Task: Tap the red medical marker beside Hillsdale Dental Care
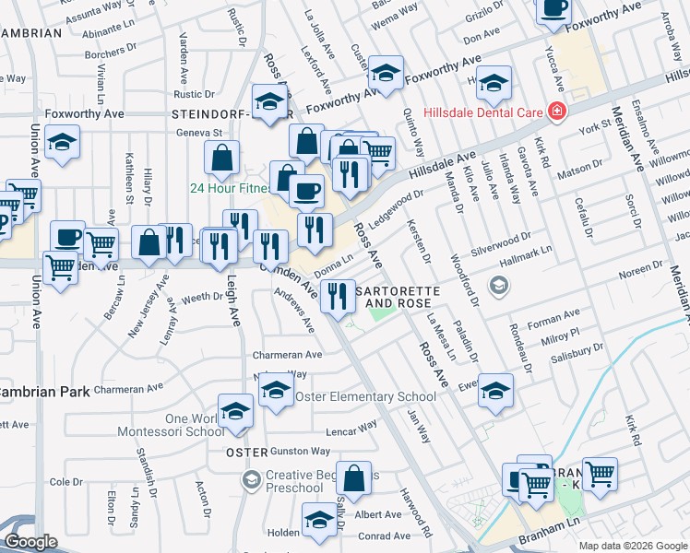coord(557,112)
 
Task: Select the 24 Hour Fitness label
coord(229,188)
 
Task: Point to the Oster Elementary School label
coord(364,397)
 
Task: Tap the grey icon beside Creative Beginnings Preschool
coord(250,479)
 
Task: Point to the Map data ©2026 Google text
coord(632,546)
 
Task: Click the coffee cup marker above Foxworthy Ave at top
coord(553,9)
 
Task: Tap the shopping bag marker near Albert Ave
coord(354,478)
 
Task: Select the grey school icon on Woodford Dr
coord(499,286)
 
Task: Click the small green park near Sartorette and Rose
coord(379,314)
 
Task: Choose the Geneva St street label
coord(201,132)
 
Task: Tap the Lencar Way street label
coord(351,428)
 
